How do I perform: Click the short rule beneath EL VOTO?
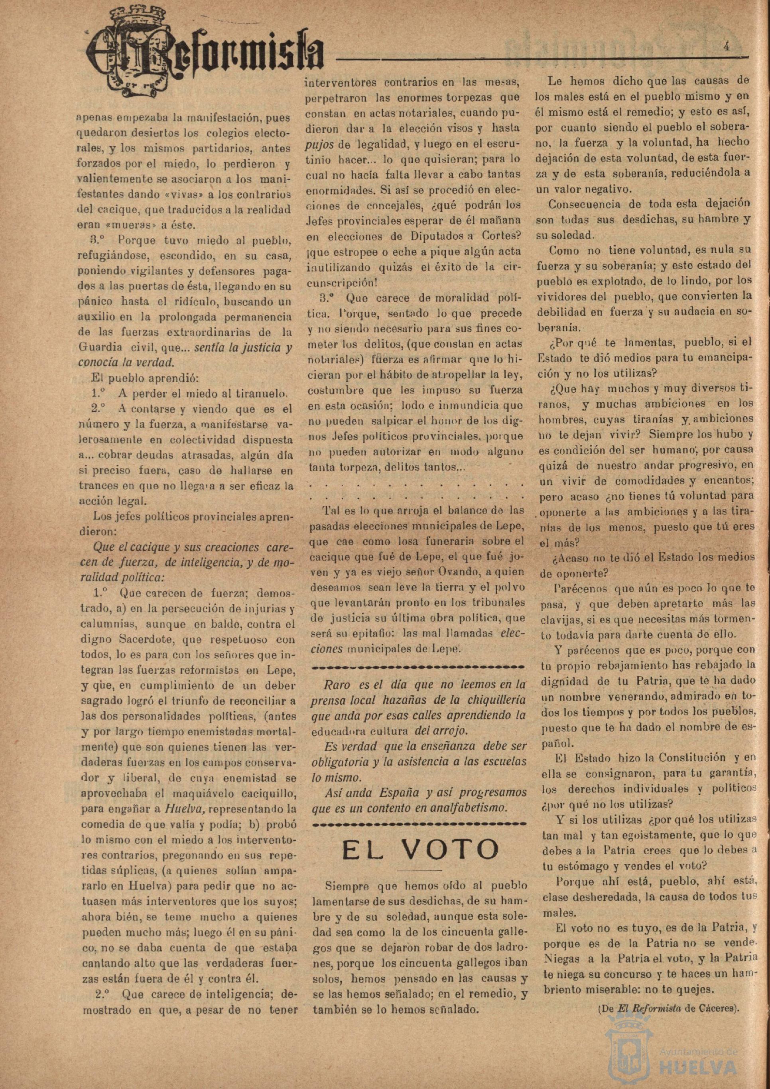pyautogui.click(x=419, y=871)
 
